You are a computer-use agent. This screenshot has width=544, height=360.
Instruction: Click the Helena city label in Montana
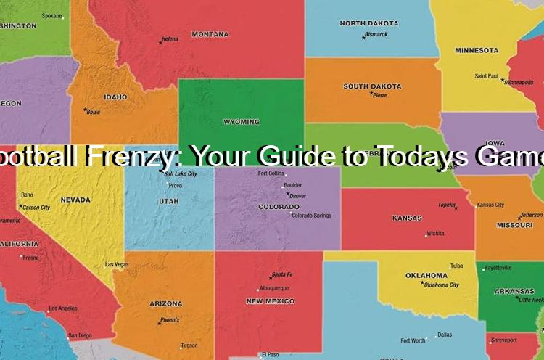click(170, 38)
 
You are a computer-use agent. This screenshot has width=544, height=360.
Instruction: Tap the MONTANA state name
click(210, 34)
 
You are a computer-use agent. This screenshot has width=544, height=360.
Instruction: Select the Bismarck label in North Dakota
click(376, 34)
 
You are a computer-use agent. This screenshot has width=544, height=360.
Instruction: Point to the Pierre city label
click(380, 95)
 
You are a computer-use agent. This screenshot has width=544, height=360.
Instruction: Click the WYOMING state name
click(242, 122)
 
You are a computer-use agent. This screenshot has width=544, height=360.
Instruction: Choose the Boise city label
click(93, 112)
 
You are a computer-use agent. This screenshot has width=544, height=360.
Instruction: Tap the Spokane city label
click(51, 15)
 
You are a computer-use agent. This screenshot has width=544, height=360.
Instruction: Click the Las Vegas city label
click(117, 264)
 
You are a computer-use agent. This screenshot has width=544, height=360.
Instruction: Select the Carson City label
click(36, 208)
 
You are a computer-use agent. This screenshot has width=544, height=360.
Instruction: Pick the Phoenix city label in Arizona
click(170, 320)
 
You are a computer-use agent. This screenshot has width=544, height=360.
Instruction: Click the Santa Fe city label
click(281, 275)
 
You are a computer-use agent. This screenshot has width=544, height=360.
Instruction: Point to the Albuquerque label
click(273, 288)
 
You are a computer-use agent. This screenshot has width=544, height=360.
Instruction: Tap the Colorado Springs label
click(310, 215)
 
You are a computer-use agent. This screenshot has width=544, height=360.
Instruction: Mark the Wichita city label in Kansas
click(435, 234)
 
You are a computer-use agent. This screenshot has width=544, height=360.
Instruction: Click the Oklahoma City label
click(441, 285)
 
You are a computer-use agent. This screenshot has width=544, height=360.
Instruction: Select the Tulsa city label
click(456, 266)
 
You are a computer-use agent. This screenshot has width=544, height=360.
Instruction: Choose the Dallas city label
click(445, 335)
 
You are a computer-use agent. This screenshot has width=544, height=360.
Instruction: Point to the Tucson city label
click(189, 345)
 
